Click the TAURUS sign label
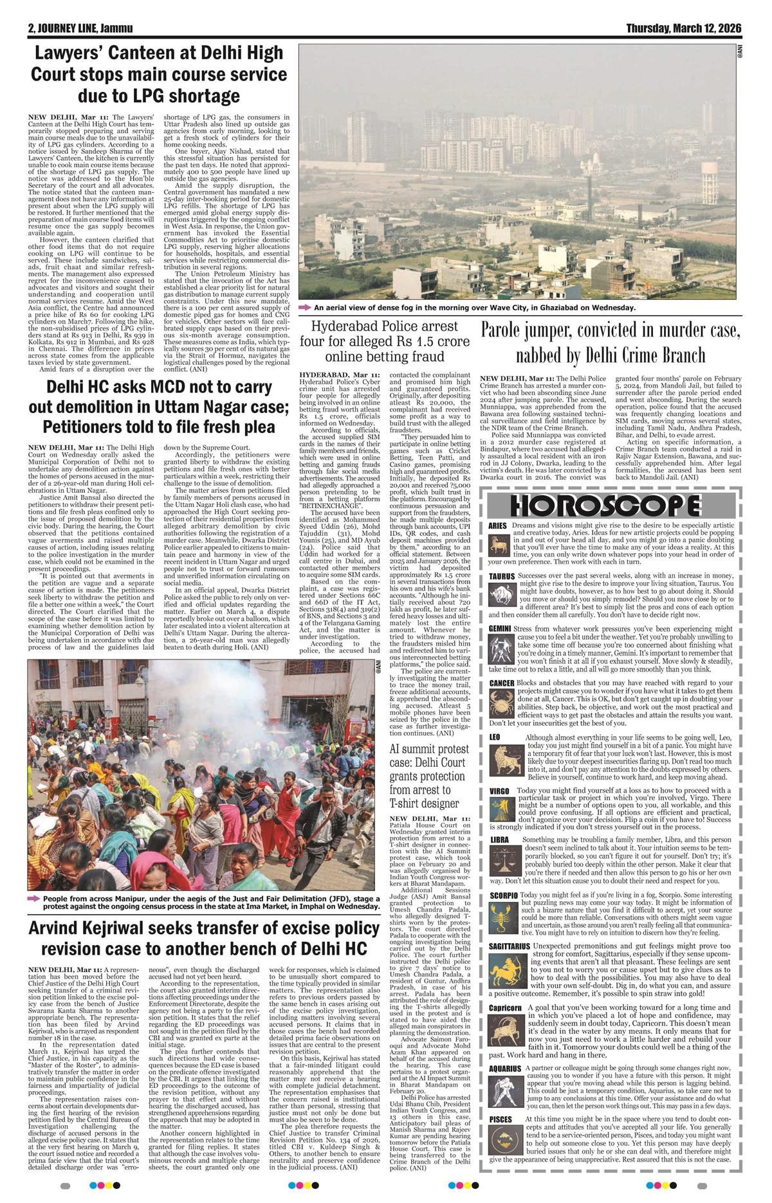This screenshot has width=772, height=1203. [x=501, y=576]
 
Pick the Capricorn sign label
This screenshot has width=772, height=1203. [x=504, y=1007]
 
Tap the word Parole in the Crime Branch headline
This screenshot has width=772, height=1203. [x=508, y=330]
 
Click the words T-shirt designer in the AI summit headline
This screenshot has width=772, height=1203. [x=424, y=803]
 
